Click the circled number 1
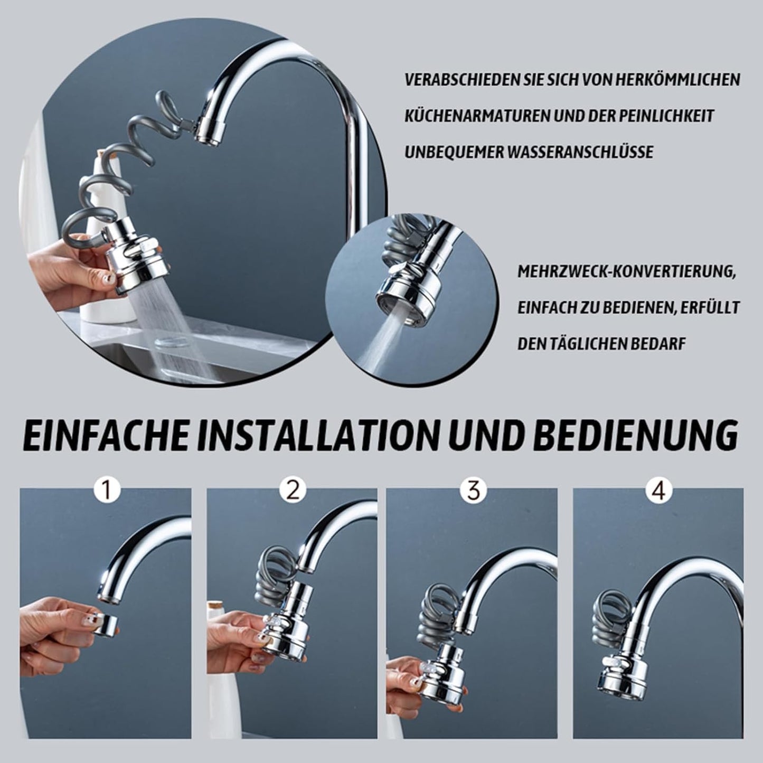(107, 491)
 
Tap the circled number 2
(293, 491)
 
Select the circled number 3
(473, 491)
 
